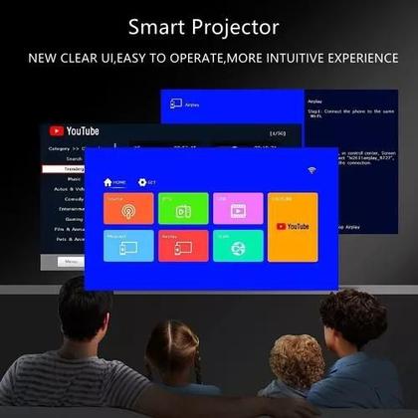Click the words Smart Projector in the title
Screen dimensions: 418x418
[x=210, y=27]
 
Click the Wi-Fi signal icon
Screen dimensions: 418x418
[x=312, y=172]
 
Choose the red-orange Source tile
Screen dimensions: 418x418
[x=128, y=208]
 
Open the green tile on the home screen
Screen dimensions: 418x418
[x=183, y=208]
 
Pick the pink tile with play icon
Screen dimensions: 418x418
[x=237, y=208]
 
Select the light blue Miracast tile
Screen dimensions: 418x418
[x=128, y=245]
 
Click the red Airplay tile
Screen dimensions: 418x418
[x=183, y=245]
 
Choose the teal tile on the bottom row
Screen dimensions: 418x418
[x=237, y=245]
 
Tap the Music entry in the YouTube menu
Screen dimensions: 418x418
[x=72, y=179]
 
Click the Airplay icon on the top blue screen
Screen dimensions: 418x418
[x=176, y=104]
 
